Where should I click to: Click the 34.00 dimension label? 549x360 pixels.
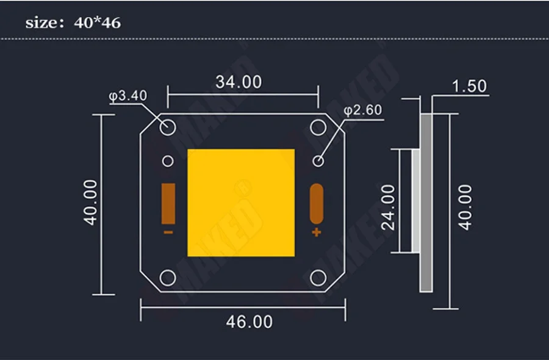[239, 82]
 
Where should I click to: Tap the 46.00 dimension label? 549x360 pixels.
[249, 322]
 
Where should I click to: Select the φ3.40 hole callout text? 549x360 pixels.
[128, 96]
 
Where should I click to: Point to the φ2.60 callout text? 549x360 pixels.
[363, 110]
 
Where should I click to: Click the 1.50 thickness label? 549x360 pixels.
[469, 86]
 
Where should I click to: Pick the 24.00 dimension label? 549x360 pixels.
[388, 207]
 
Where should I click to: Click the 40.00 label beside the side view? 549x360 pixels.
[465, 207]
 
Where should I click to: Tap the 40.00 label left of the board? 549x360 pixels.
[90, 202]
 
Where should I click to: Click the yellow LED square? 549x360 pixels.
[241, 203]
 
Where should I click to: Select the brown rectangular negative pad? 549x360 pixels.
[168, 203]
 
